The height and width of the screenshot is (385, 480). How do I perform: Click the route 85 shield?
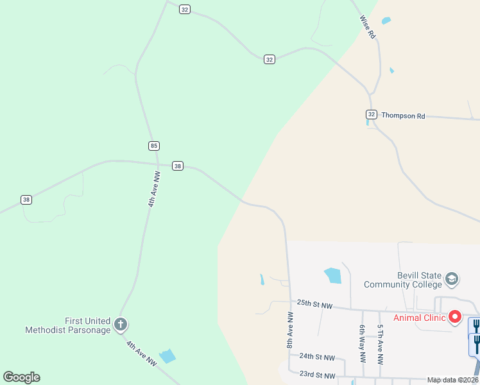[153, 146]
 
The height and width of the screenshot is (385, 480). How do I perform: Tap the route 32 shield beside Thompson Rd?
[371, 114]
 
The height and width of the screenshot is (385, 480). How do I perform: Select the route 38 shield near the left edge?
[26, 200]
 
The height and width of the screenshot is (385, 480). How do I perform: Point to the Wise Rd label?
[367, 28]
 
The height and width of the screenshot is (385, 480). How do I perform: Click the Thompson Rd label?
[403, 116]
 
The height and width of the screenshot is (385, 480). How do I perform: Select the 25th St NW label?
[314, 304]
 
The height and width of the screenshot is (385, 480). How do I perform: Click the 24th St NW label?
[317, 357]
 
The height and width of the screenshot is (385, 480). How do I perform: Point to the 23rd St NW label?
[317, 375]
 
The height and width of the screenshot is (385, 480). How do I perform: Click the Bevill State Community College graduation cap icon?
[452, 279]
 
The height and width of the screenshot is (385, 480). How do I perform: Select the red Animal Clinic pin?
[455, 316]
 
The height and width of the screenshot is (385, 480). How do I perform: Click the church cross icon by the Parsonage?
[121, 325]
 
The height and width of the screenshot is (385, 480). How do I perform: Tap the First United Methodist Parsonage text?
[68, 325]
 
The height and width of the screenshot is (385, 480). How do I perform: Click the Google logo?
[21, 377]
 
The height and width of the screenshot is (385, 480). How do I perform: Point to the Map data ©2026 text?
[452, 381]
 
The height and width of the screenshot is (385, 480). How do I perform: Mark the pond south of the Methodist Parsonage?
[167, 356]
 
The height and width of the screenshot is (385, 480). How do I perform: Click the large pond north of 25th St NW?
[333, 276]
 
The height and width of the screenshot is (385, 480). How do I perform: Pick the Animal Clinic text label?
[420, 318]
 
